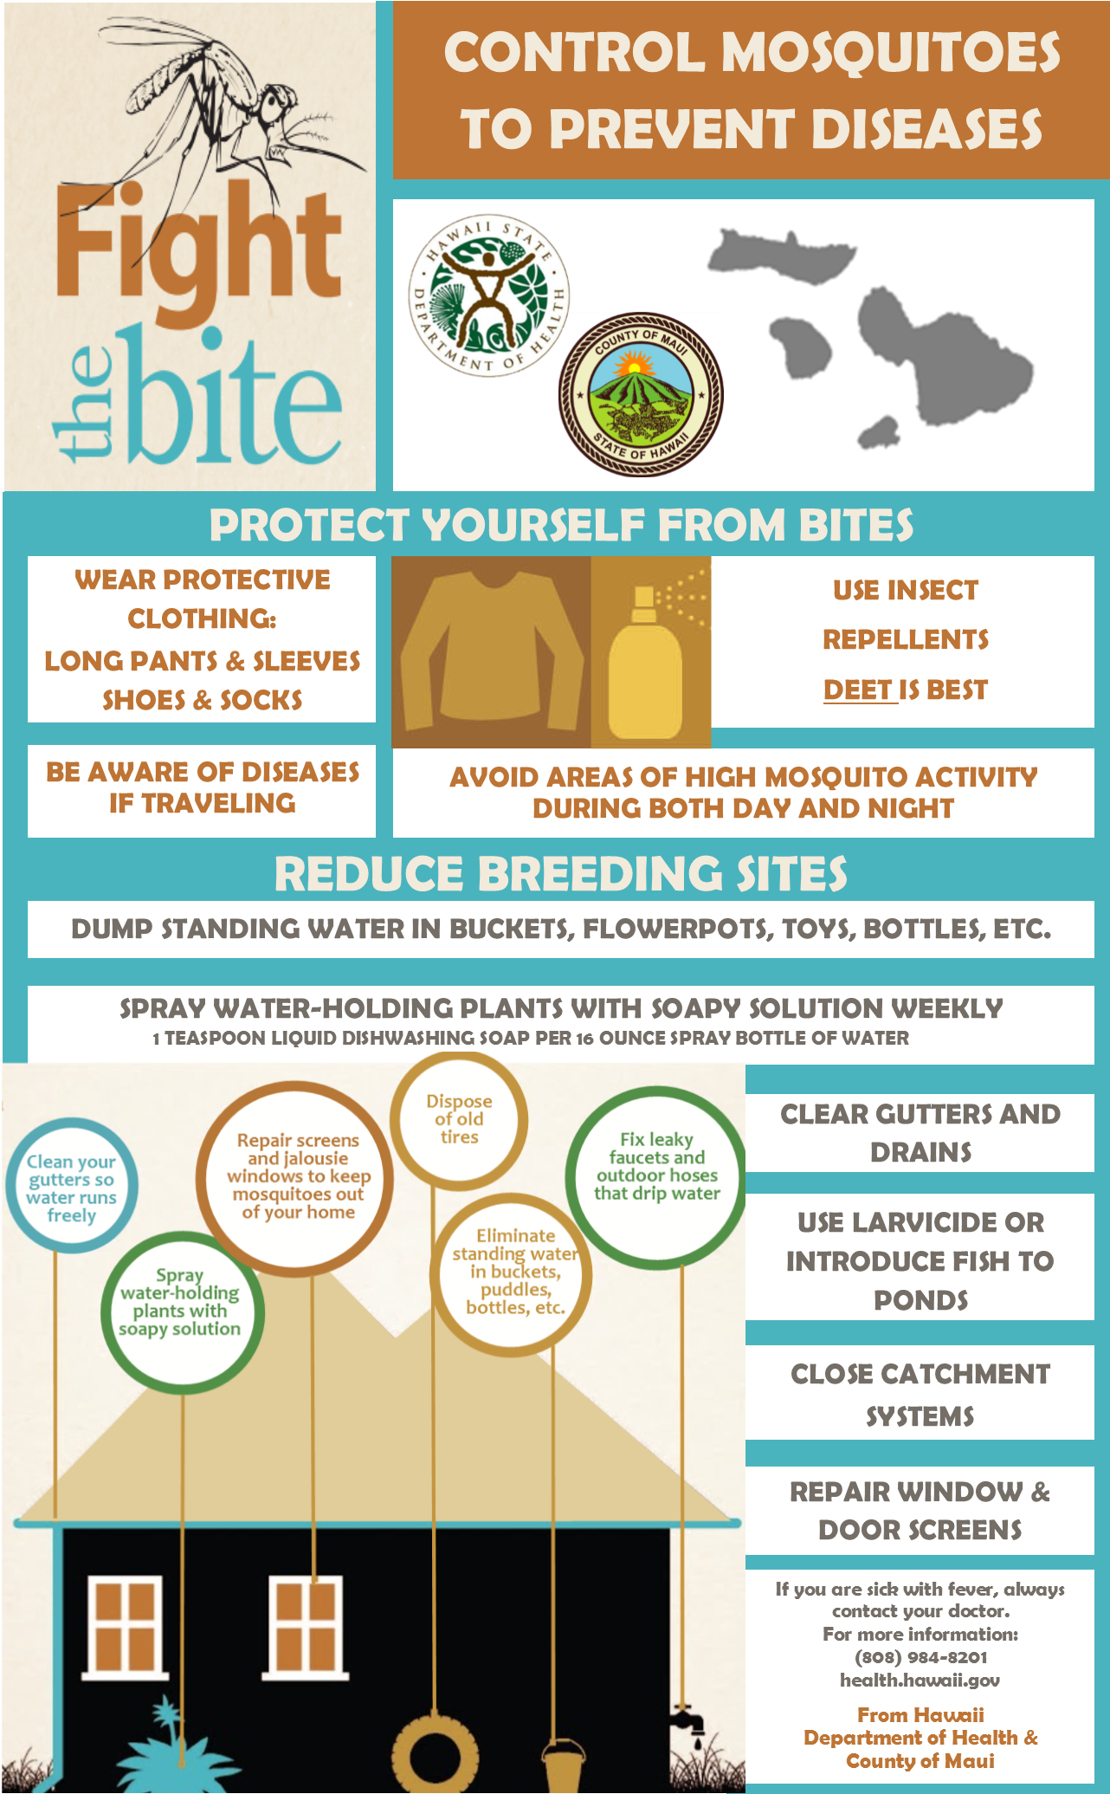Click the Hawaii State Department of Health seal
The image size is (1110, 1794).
[488, 295]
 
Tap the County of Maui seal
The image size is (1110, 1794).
[641, 395]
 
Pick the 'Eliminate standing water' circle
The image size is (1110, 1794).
[513, 1272]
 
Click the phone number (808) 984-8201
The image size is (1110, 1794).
[920, 1657]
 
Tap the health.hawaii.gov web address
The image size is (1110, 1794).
[920, 1680]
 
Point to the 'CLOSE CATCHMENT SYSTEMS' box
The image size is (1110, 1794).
[920, 1394]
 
